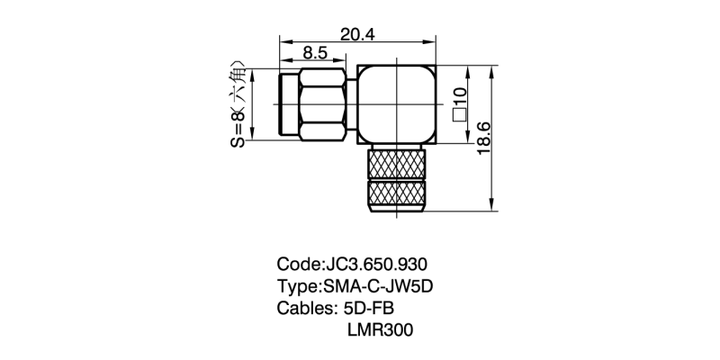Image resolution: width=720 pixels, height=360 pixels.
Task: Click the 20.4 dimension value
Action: tap(357, 34)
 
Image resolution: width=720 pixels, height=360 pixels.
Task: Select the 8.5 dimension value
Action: tap(315, 53)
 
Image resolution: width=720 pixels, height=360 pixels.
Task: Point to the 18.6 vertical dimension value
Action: tap(484, 139)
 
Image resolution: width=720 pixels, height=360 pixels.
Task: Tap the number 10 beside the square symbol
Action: tap(459, 97)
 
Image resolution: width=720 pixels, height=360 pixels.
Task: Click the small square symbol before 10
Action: tap(459, 115)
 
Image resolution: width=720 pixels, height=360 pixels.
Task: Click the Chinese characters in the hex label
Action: tap(238, 84)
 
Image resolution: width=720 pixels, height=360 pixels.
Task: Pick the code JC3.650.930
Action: tap(376, 265)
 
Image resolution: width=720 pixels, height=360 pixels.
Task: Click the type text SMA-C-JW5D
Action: tap(378, 286)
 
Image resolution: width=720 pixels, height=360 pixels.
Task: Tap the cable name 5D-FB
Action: tap(369, 308)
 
